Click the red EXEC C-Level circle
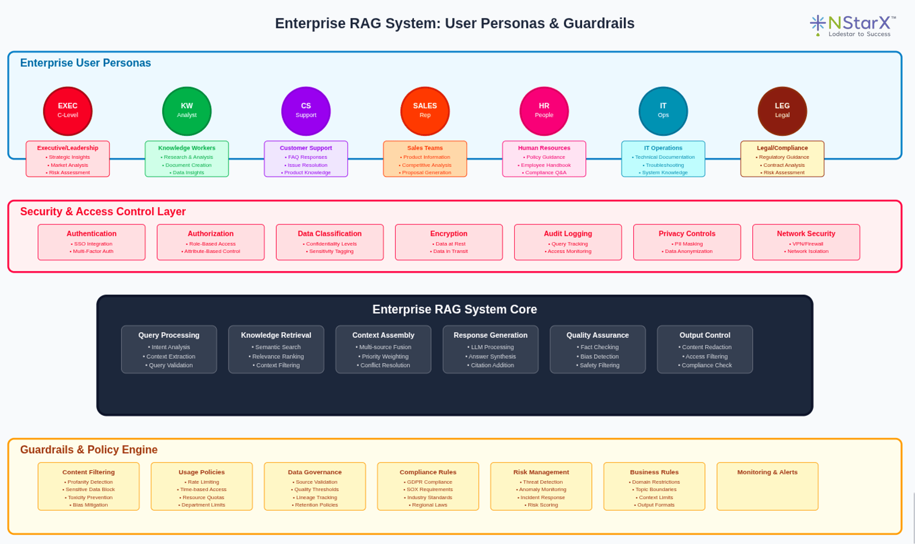point(68,111)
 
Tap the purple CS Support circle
point(306,111)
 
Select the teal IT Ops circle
point(663,111)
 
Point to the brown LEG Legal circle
point(782,111)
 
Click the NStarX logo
point(852,26)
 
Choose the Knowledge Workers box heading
point(187,148)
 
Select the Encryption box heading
point(449,234)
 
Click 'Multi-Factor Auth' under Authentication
point(93,251)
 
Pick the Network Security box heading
point(806,234)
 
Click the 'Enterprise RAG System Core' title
point(454,309)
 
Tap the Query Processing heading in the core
point(169,335)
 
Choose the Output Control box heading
point(705,335)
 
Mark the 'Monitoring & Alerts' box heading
point(767,472)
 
